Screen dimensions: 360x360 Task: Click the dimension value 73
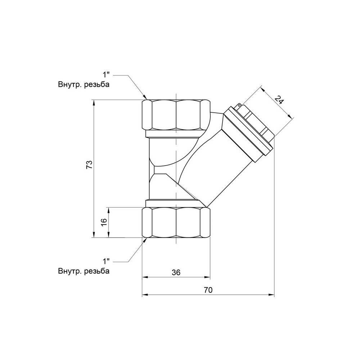point(90,165)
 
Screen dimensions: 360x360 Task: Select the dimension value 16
point(104,222)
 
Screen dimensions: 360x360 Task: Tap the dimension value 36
point(176,272)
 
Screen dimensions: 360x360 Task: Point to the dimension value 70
point(208,290)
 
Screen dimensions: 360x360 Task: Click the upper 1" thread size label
point(106,75)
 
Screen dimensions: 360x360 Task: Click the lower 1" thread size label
point(106,261)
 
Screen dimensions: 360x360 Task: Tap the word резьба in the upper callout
point(97,85)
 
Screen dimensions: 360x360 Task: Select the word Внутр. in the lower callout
point(70,271)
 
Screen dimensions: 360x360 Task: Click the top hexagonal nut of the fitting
point(176,115)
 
